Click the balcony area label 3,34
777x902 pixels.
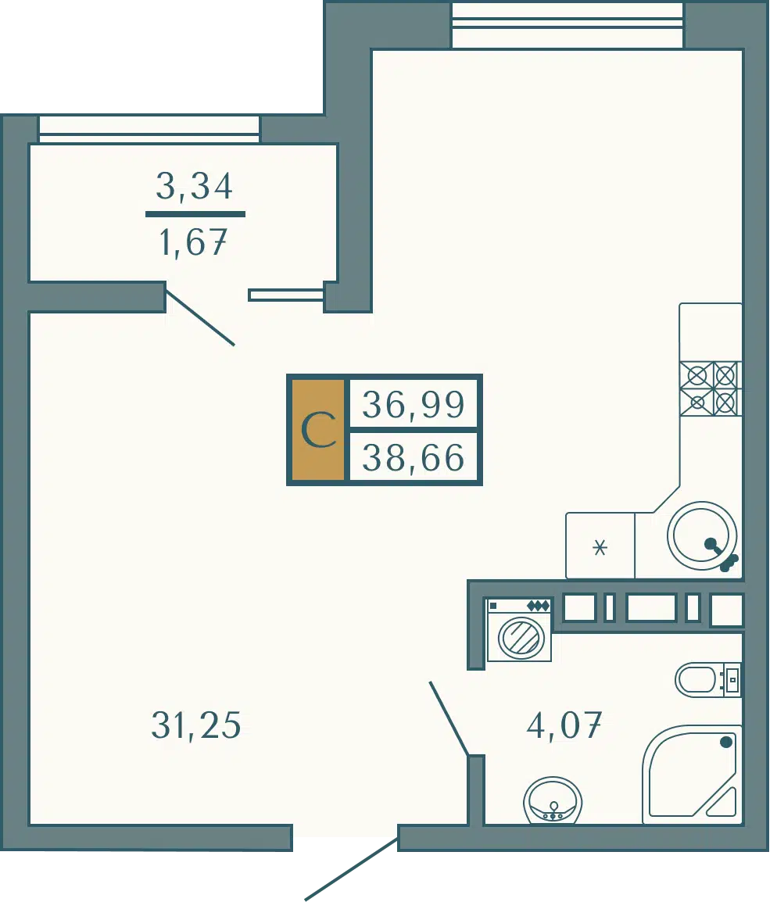[195, 186]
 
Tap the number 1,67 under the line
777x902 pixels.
[193, 242]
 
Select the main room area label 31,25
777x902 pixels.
[195, 725]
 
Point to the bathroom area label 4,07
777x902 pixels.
[564, 725]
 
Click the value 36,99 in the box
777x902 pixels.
[413, 404]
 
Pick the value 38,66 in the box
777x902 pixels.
[413, 459]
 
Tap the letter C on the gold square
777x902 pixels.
[318, 431]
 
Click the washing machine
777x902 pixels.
[519, 629]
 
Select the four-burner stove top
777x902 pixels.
[711, 388]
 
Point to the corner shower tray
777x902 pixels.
[692, 775]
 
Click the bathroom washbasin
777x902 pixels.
[553, 800]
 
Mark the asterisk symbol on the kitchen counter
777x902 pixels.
[600, 547]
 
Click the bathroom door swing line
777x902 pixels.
[449, 718]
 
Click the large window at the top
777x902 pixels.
[568, 25]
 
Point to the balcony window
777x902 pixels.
[149, 130]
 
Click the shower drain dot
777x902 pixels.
[726, 742]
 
